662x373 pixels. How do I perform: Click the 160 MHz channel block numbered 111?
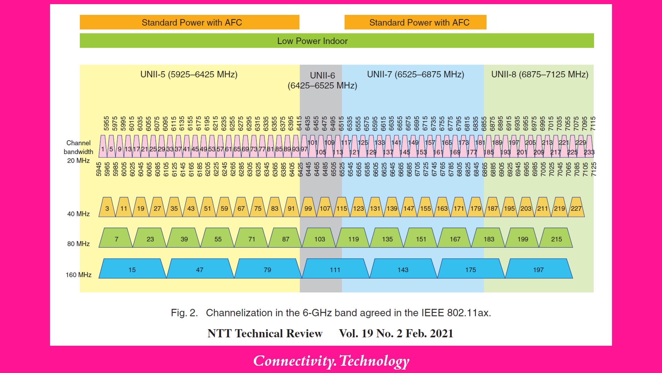point(335,269)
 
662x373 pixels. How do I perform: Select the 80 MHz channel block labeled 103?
point(319,239)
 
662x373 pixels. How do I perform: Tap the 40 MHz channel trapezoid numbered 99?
point(308,208)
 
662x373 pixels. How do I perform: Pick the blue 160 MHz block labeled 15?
point(132,269)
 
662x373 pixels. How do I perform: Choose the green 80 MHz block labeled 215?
point(556,239)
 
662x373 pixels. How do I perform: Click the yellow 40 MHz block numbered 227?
point(576,208)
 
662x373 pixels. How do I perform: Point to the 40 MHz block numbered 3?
point(107,208)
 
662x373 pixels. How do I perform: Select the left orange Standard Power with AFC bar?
point(189,22)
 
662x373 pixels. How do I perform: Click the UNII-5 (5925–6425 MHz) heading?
point(189,74)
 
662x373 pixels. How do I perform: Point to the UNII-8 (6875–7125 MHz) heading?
point(539,74)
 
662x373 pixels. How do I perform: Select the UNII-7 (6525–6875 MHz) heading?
point(415,74)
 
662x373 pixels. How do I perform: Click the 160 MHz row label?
point(79,275)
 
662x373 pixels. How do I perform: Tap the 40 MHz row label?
point(79,214)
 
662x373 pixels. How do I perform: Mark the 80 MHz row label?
point(79,243)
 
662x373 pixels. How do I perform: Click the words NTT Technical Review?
point(265,333)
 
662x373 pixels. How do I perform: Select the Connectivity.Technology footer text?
point(331,361)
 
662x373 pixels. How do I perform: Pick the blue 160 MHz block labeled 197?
point(538,269)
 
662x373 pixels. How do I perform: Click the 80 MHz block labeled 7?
point(117,239)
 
